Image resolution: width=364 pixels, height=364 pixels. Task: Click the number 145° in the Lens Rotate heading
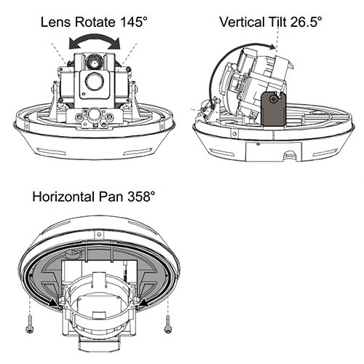point(134,22)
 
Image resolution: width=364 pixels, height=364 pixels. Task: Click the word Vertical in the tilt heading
point(242,22)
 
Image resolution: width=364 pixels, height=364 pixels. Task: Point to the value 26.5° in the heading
point(306,22)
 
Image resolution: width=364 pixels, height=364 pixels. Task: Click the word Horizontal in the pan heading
point(63,197)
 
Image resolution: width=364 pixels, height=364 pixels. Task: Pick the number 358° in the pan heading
point(141,197)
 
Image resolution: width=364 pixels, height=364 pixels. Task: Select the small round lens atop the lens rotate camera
point(95,62)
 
